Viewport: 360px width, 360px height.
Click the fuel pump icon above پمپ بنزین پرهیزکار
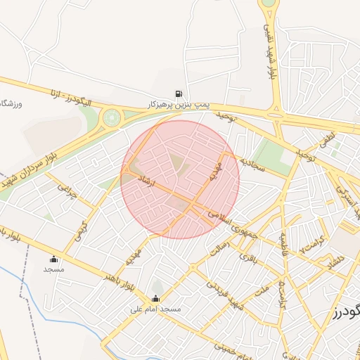coord(179,94)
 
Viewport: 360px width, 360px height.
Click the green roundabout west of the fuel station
coord(111,117)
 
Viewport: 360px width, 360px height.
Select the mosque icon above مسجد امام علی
coord(155,298)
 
